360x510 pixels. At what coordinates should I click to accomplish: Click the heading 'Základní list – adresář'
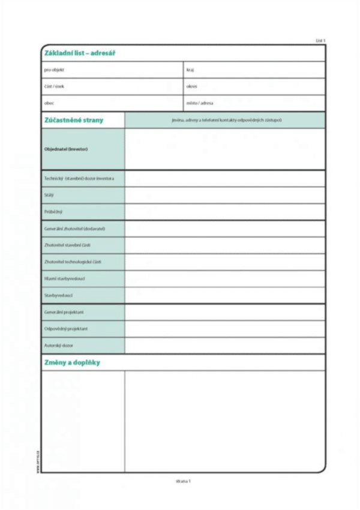[x=80, y=53]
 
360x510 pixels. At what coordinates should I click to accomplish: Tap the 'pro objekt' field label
[x=55, y=70]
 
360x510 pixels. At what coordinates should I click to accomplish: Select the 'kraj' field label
[x=190, y=70]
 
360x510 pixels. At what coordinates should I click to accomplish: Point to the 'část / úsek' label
[x=55, y=86]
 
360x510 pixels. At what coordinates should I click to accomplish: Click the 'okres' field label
[x=192, y=86]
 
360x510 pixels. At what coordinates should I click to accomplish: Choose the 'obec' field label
[x=49, y=103]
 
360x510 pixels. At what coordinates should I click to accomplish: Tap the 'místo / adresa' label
[x=200, y=103]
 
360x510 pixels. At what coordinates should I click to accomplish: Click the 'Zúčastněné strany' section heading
[x=74, y=120]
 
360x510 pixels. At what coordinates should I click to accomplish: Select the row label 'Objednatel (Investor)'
[x=66, y=149]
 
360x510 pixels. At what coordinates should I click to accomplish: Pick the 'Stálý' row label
[x=49, y=195]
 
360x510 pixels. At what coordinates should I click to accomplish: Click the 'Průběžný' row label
[x=53, y=212]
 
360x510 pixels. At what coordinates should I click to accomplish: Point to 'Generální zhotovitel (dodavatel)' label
[x=75, y=229]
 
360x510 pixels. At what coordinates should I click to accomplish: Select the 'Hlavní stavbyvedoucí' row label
[x=64, y=278]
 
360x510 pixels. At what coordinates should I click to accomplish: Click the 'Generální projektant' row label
[x=63, y=312]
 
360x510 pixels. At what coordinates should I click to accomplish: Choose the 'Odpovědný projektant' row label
[x=66, y=329]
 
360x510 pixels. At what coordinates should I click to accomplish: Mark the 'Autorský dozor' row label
[x=59, y=346]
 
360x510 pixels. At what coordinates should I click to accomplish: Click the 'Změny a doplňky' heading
[x=73, y=362]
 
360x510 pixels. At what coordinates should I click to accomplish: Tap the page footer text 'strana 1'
[x=183, y=481]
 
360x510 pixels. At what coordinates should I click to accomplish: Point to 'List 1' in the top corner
[x=320, y=40]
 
